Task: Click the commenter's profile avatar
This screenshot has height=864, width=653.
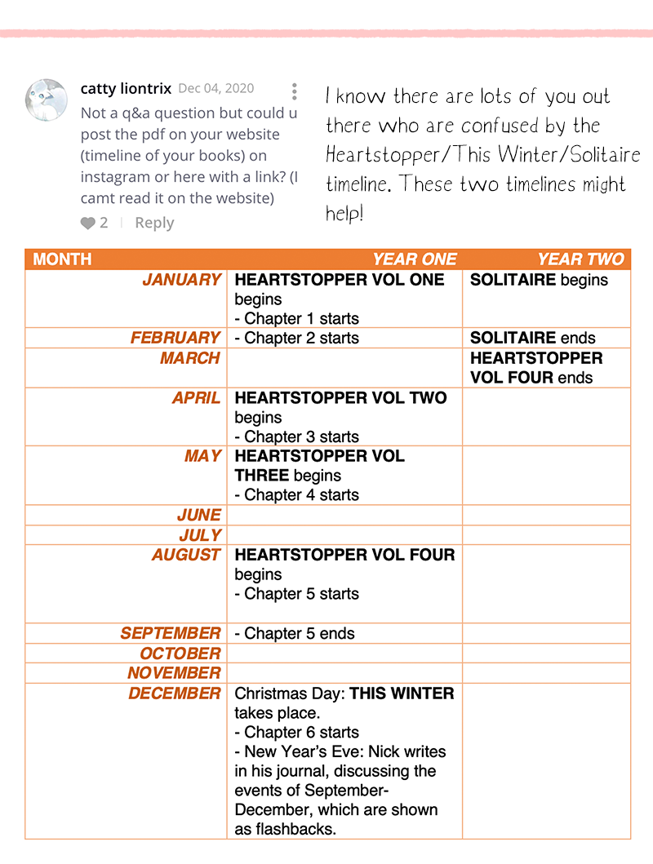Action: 47,100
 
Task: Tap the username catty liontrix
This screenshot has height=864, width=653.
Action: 126,88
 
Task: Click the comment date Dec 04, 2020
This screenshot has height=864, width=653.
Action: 215,89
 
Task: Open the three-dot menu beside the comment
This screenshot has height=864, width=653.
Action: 294,91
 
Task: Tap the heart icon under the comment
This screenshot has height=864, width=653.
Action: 88,223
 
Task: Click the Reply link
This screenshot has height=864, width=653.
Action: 154,223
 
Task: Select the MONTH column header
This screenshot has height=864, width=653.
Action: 63,259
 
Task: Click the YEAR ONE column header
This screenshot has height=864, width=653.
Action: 415,259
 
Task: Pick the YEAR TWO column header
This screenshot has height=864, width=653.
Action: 580,259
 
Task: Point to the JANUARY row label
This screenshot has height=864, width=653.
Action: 182,280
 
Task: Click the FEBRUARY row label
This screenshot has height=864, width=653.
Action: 175,338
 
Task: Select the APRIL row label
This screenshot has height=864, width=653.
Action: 196,398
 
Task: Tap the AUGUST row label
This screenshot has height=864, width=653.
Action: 186,555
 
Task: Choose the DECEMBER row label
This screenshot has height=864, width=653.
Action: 174,693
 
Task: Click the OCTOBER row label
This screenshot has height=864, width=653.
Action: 180,654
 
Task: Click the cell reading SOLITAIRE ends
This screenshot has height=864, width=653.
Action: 533,338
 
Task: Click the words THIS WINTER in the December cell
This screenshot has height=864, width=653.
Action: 402,693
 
